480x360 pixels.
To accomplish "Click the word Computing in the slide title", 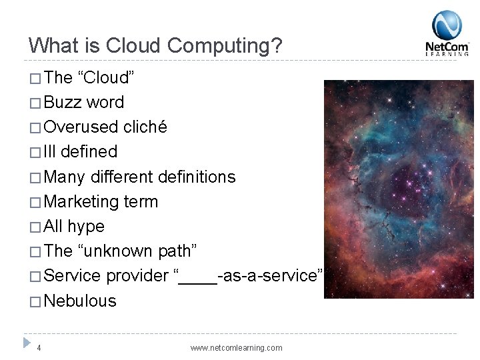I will (x=225, y=46).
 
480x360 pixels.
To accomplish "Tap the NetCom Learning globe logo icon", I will (x=447, y=25).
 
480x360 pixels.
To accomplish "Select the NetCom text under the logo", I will (x=447, y=47).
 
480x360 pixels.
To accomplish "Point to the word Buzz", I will (x=63, y=102).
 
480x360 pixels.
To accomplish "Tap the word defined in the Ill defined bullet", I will (x=89, y=152).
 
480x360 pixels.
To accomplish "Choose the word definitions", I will (x=197, y=177).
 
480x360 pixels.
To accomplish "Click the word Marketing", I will (x=81, y=201).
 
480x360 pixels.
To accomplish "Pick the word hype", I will (x=86, y=227).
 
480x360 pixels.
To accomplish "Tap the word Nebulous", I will (x=80, y=301).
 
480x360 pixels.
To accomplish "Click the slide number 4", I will (x=39, y=347).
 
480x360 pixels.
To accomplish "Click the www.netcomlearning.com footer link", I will (x=236, y=348).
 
